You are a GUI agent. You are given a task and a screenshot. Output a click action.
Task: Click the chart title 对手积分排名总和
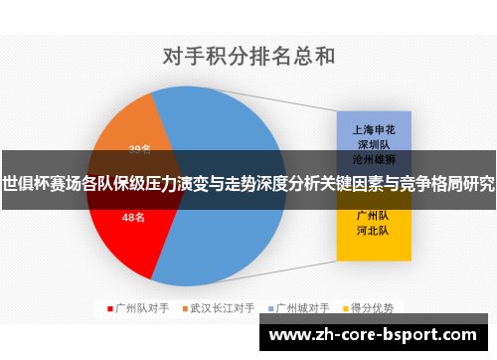coord(248,56)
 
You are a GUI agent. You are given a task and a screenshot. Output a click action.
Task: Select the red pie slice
coord(124,234)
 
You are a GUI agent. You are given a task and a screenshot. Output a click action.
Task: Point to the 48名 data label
coord(133,216)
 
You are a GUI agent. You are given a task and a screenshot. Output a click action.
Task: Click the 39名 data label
coord(139,150)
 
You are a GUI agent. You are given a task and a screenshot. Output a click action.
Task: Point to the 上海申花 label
coord(374,128)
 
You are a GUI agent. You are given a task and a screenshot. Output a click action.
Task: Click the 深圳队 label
coord(374,143)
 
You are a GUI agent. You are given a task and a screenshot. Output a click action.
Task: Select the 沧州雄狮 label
coord(374,158)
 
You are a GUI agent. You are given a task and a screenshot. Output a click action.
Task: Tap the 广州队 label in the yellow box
coord(374,215)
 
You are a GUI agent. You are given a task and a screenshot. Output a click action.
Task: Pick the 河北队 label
coord(374,230)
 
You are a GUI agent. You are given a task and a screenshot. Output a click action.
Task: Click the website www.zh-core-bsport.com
coord(373,336)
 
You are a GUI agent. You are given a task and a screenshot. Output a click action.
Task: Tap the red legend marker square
coord(110,308)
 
